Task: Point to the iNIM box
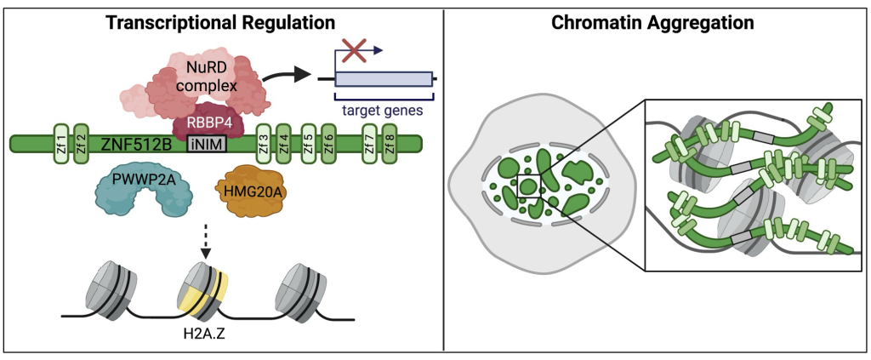click(208, 143)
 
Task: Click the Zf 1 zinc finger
click(60, 142)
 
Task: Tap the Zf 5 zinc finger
click(308, 142)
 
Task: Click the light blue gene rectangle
click(383, 80)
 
